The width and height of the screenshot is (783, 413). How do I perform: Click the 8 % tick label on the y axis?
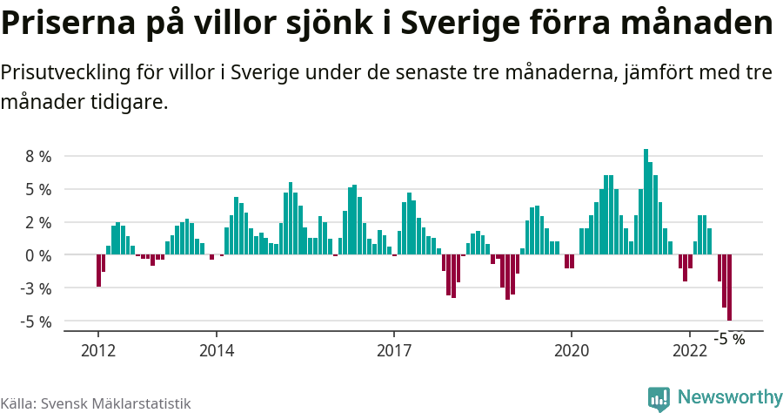pyautogui.click(x=38, y=157)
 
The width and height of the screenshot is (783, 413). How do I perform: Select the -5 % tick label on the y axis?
pyautogui.click(x=37, y=322)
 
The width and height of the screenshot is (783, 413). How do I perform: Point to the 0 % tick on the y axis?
pyautogui.click(x=38, y=255)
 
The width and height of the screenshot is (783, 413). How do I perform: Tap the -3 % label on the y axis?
pyautogui.click(x=37, y=288)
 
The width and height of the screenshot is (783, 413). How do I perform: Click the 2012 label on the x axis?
pyautogui.click(x=97, y=350)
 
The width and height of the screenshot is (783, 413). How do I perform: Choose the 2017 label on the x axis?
pyautogui.click(x=394, y=350)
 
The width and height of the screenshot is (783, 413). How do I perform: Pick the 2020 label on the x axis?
pyautogui.click(x=572, y=350)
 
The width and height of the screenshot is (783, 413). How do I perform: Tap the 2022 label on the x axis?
pyautogui.click(x=690, y=350)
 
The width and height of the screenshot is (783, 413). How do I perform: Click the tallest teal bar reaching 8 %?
pyautogui.click(x=646, y=201)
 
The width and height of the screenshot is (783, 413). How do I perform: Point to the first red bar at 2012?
pyautogui.click(x=98, y=270)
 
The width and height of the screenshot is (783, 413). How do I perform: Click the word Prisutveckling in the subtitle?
pyautogui.click(x=62, y=72)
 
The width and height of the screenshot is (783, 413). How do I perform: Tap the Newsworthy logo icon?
pyautogui.click(x=659, y=398)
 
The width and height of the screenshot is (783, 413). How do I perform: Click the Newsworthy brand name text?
pyautogui.click(x=729, y=397)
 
